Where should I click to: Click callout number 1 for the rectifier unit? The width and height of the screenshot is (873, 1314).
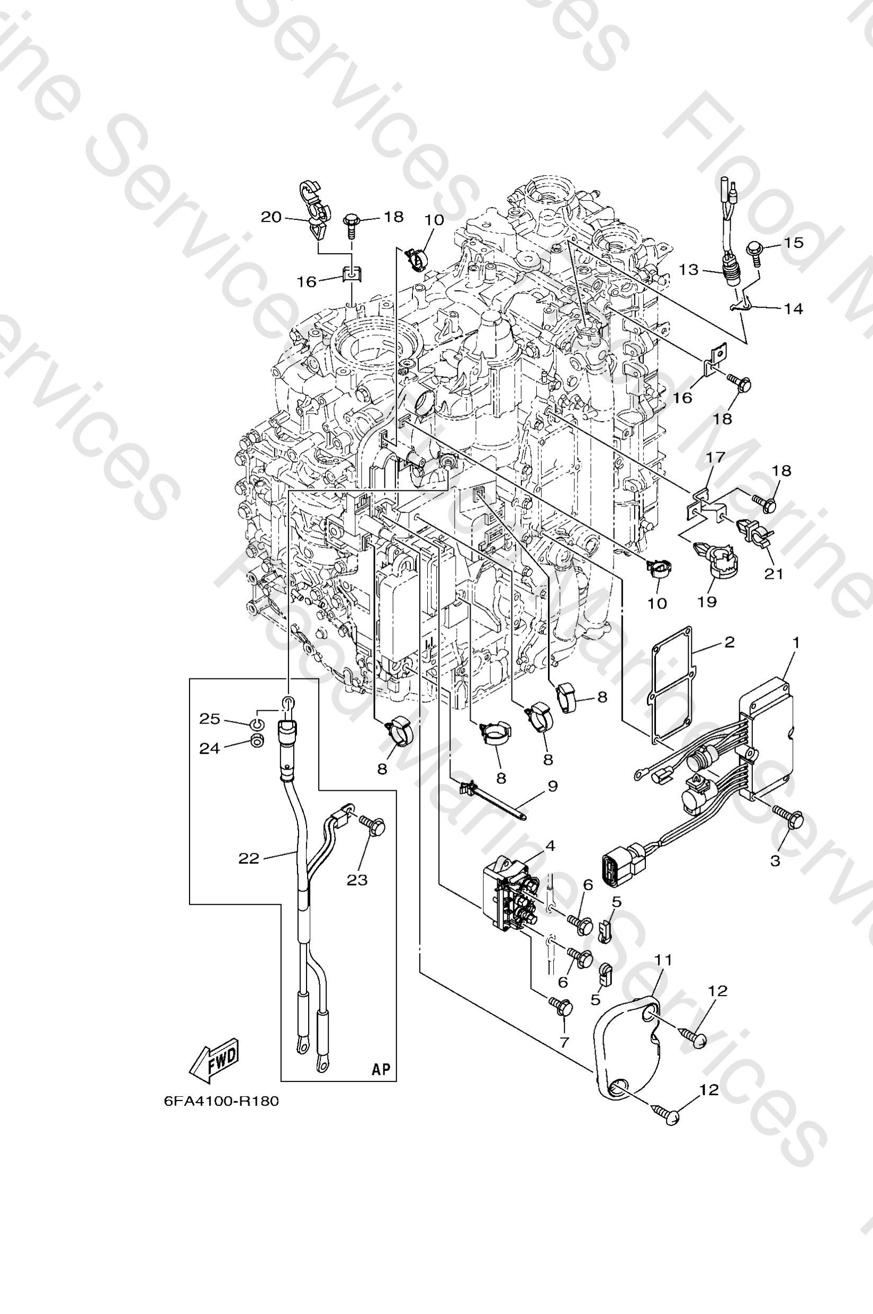point(796,643)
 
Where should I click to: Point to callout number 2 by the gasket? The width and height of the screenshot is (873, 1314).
point(730,642)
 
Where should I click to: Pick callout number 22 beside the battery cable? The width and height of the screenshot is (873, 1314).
point(249,859)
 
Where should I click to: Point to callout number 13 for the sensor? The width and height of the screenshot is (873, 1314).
point(689,270)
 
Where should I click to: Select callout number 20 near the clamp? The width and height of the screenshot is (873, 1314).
point(271,217)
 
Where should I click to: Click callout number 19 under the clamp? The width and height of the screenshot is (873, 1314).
point(707,602)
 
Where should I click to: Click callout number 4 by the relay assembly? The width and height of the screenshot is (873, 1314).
point(550,846)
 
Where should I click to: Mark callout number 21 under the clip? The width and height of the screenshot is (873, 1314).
point(773,573)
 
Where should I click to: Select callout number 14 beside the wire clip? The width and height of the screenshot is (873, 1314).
point(794,309)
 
